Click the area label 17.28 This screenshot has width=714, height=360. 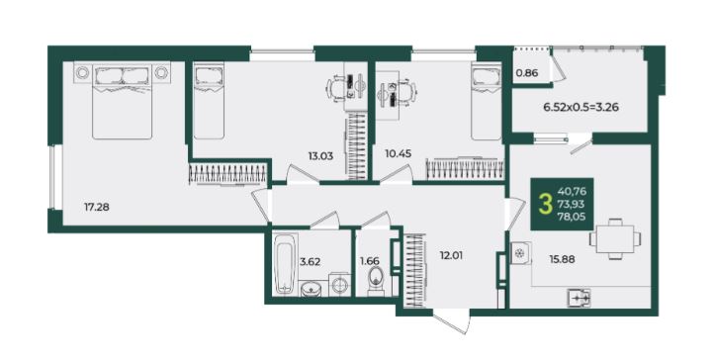pos(97,208)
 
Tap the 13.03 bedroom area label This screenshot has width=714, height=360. pos(320,156)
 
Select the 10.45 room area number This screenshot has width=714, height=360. pos(399,154)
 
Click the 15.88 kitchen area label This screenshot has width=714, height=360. pos(562,259)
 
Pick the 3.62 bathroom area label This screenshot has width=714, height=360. pos(311,262)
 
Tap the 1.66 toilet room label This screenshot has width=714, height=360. pos(369,262)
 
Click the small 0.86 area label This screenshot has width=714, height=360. pos(527,72)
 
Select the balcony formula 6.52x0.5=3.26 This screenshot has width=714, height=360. pos(581,108)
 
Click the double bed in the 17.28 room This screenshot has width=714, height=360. pos(122,101)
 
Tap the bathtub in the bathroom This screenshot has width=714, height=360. pos(286,263)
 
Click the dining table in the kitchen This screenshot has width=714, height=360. pos(615,239)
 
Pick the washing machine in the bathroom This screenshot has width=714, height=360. pos(339,285)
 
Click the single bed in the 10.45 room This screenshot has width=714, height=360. pos(487,101)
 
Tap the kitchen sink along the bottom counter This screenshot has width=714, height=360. pos(579,298)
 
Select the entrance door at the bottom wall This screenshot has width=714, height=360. pos(451,321)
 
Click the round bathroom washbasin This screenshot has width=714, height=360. pos(311,289)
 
